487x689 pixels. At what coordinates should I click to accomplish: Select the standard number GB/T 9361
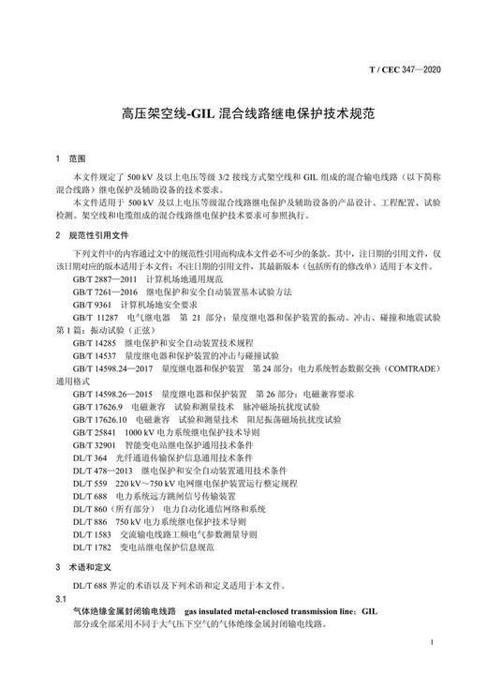(92, 305)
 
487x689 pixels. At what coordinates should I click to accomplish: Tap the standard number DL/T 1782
(92, 547)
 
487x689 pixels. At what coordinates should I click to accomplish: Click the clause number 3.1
(62, 597)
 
